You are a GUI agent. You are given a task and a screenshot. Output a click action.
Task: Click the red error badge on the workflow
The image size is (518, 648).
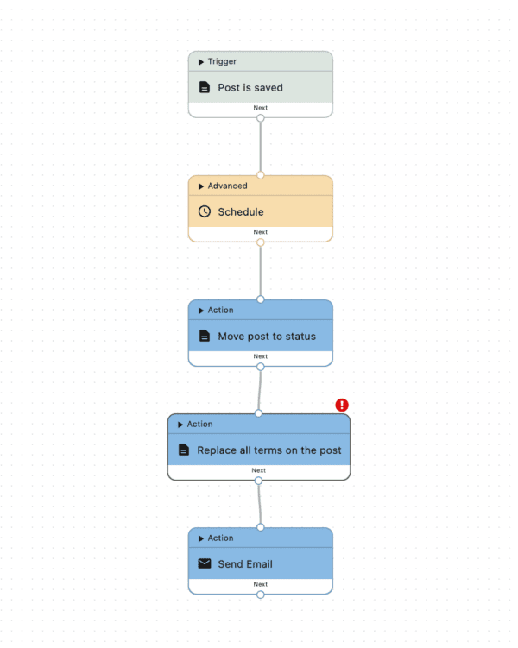click(342, 405)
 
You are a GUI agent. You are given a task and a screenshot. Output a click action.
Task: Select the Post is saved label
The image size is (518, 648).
click(250, 88)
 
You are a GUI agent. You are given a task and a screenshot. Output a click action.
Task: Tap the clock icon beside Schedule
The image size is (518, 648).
click(205, 211)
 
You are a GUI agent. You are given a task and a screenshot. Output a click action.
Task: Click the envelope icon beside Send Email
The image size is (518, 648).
click(205, 563)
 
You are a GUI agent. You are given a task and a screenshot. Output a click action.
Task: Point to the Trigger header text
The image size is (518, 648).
click(222, 61)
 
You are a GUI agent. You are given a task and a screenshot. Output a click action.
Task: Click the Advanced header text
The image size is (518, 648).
click(227, 186)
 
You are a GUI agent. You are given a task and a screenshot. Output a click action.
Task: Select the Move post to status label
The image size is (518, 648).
click(267, 337)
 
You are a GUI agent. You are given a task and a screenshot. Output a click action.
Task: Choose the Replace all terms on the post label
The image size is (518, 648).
click(269, 450)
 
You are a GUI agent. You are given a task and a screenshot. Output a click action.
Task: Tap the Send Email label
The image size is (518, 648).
click(245, 564)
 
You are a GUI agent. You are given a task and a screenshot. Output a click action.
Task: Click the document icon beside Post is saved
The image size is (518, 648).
click(205, 87)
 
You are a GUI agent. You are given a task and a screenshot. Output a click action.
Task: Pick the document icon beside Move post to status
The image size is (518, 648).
click(205, 336)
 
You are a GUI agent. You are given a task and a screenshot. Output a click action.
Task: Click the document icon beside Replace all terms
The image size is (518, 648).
click(184, 450)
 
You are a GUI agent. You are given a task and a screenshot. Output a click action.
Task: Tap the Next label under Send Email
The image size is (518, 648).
click(261, 584)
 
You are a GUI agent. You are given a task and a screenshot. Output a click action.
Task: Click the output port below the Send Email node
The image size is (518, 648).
click(261, 595)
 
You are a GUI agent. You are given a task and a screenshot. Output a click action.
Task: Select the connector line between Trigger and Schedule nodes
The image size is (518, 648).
click(261, 147)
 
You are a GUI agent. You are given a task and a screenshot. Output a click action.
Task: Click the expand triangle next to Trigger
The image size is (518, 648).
click(201, 62)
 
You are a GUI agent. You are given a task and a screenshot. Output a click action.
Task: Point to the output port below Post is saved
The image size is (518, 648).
click(261, 118)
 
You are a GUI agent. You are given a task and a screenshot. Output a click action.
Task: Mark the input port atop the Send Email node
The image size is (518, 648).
click(261, 527)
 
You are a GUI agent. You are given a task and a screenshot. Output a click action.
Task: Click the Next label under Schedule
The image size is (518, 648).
click(261, 232)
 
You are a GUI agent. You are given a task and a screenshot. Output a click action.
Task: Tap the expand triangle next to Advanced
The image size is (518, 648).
click(201, 186)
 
